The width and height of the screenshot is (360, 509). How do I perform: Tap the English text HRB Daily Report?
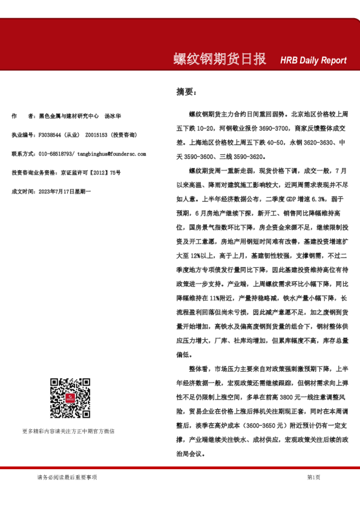click(x=313, y=60)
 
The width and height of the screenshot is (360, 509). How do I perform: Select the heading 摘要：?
click(x=186, y=92)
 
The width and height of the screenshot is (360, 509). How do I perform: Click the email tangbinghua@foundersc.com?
click(x=105, y=154)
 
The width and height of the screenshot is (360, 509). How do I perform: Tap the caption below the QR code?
click(x=68, y=431)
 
